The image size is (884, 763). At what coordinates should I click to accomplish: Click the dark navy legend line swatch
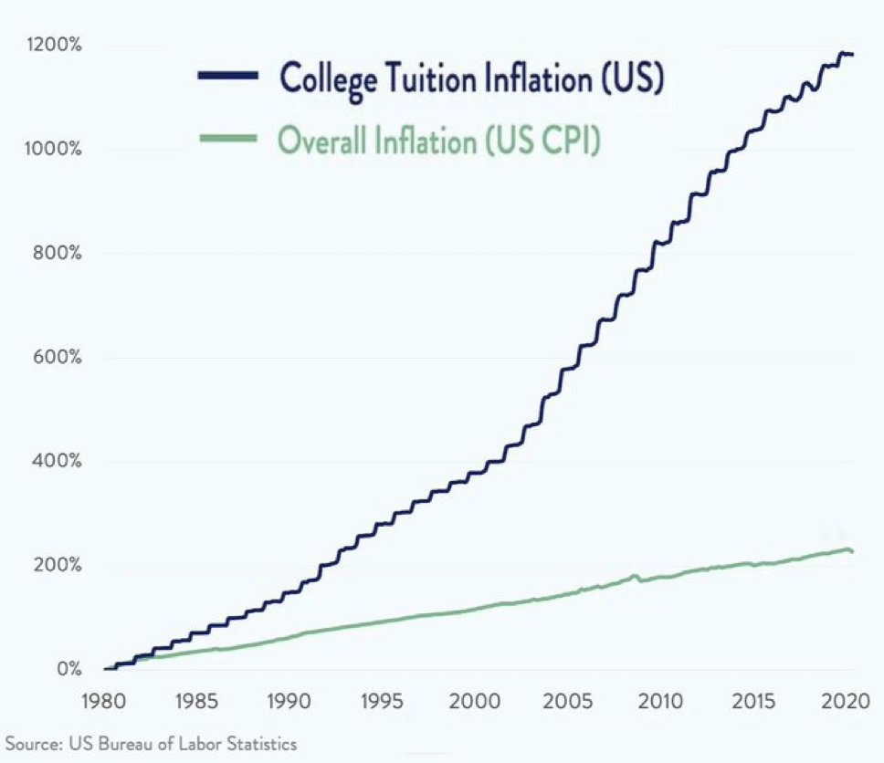tap(228, 78)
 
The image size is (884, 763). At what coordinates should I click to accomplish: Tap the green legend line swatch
tap(228, 139)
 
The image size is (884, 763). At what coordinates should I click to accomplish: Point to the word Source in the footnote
tap(28, 744)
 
